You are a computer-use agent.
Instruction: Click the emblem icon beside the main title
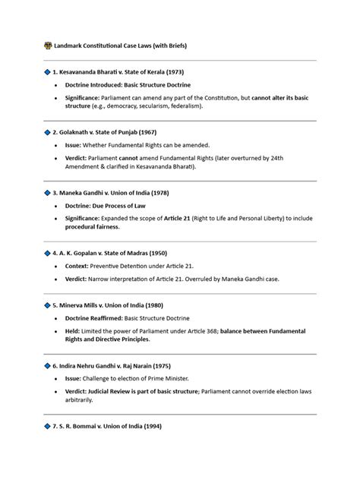[49, 46]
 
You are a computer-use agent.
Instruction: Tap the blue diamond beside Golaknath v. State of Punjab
[47, 131]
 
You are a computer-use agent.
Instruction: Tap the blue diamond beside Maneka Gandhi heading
[47, 192]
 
